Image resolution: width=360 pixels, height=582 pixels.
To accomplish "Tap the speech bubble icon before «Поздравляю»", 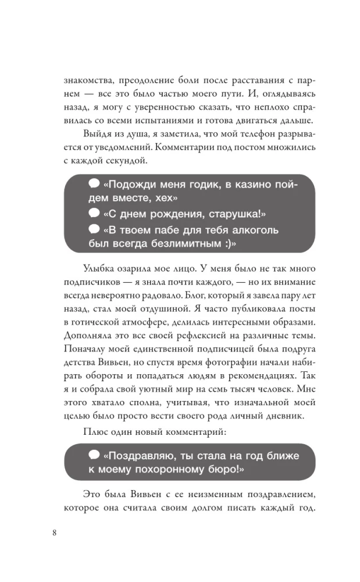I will coord(94,454).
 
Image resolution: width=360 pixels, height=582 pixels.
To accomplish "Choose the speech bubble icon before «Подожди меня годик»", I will coord(94,184).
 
